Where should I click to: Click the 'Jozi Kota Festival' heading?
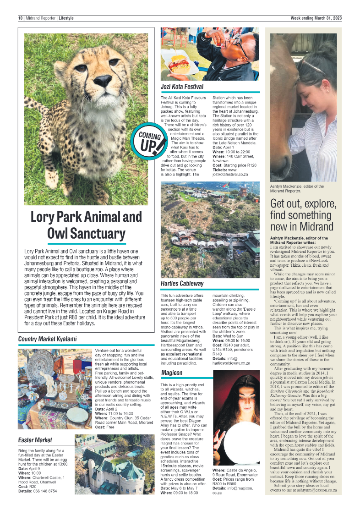tap(182, 87)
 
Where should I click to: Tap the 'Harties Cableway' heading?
tap(182, 284)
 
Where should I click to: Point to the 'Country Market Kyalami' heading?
tap(47, 339)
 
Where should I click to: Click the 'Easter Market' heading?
tap(35, 440)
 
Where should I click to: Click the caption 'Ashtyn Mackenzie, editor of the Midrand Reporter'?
tap(297, 188)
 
